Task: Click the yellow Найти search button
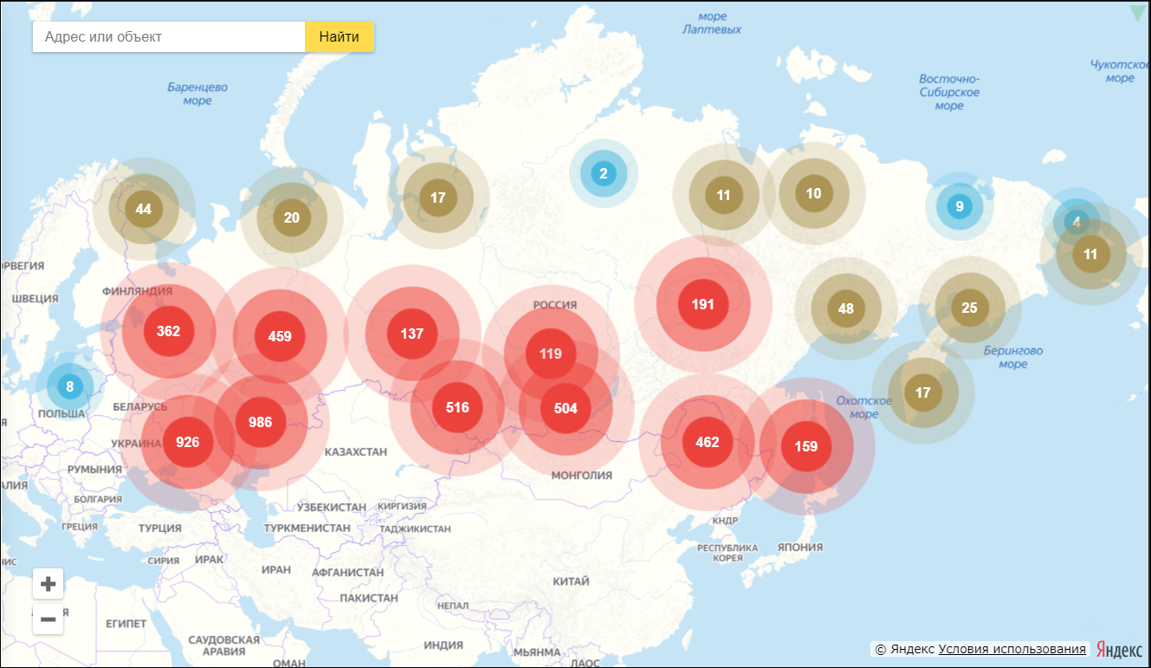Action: tap(339, 37)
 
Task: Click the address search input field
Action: tap(169, 37)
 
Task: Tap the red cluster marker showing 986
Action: tap(260, 423)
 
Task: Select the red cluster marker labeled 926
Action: tap(187, 442)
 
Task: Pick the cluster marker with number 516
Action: tap(457, 407)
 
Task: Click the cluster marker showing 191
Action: tap(702, 304)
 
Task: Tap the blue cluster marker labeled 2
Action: tap(604, 173)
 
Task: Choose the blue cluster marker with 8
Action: tap(69, 386)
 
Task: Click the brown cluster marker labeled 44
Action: tap(144, 209)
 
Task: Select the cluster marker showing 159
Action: tap(805, 447)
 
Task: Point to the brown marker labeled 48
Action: tap(846, 308)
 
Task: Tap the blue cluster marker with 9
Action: tap(958, 206)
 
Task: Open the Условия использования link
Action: tap(1012, 649)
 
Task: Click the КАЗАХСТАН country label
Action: tap(356, 452)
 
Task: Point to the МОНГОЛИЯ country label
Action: tap(581, 476)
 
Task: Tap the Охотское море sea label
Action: tap(863, 407)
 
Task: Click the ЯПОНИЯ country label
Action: tap(800, 548)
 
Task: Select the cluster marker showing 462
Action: tap(708, 442)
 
